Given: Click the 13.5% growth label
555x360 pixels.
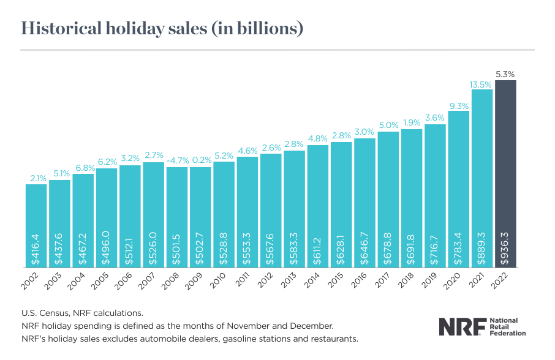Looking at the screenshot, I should [x=482, y=84].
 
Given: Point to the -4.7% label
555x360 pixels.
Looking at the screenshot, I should [x=177, y=162].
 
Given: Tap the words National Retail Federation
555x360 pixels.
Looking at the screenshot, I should [x=504, y=327].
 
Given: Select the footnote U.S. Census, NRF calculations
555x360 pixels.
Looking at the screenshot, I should [x=83, y=313].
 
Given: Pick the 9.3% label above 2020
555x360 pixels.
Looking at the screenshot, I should [x=459, y=105].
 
